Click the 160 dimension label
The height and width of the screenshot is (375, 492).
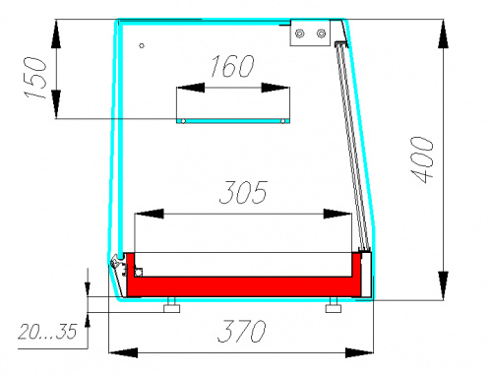point(232,66)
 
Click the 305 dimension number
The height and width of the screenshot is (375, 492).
point(243,192)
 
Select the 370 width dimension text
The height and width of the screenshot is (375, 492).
point(241,331)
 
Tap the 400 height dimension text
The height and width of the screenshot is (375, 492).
point(422,159)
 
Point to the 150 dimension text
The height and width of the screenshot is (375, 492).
point(35,78)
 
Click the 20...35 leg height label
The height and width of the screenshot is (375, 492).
point(47,332)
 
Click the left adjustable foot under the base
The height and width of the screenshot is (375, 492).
point(171,305)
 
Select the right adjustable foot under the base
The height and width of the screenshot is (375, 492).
point(334,305)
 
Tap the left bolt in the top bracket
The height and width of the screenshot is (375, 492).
point(299,33)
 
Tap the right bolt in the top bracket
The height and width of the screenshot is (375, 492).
point(321,33)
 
